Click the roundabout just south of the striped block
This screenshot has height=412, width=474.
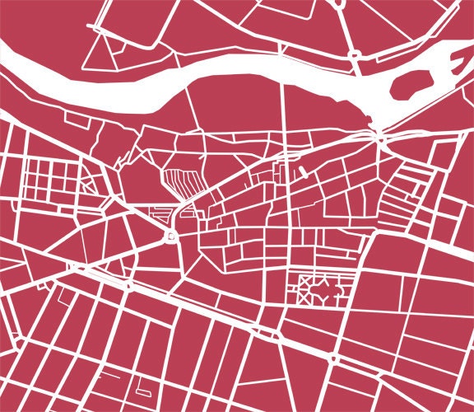pos(171,239)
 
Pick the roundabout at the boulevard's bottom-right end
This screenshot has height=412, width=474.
pos(333,359)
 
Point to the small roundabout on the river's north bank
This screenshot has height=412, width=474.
pos(355,56)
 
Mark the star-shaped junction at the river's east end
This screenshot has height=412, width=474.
pos(381,138)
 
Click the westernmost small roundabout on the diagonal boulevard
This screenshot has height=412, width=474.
pos(129,286)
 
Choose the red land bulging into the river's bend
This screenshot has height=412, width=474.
pos(272,99)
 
